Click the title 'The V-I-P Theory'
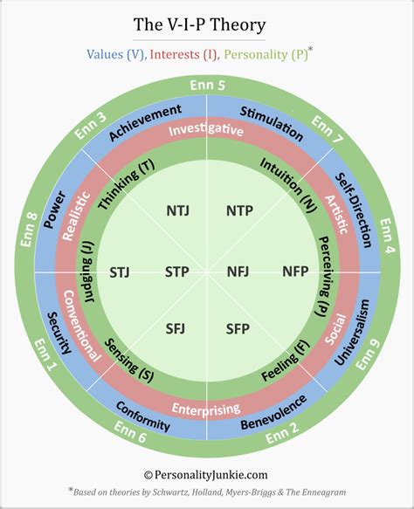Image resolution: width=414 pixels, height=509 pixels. pyautogui.click(x=207, y=24)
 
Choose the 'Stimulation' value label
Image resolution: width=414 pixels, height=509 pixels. pyautogui.click(x=271, y=123)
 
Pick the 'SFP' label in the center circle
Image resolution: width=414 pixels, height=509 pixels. pyautogui.click(x=237, y=328)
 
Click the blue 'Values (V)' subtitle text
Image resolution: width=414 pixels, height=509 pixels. pyautogui.click(x=115, y=54)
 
